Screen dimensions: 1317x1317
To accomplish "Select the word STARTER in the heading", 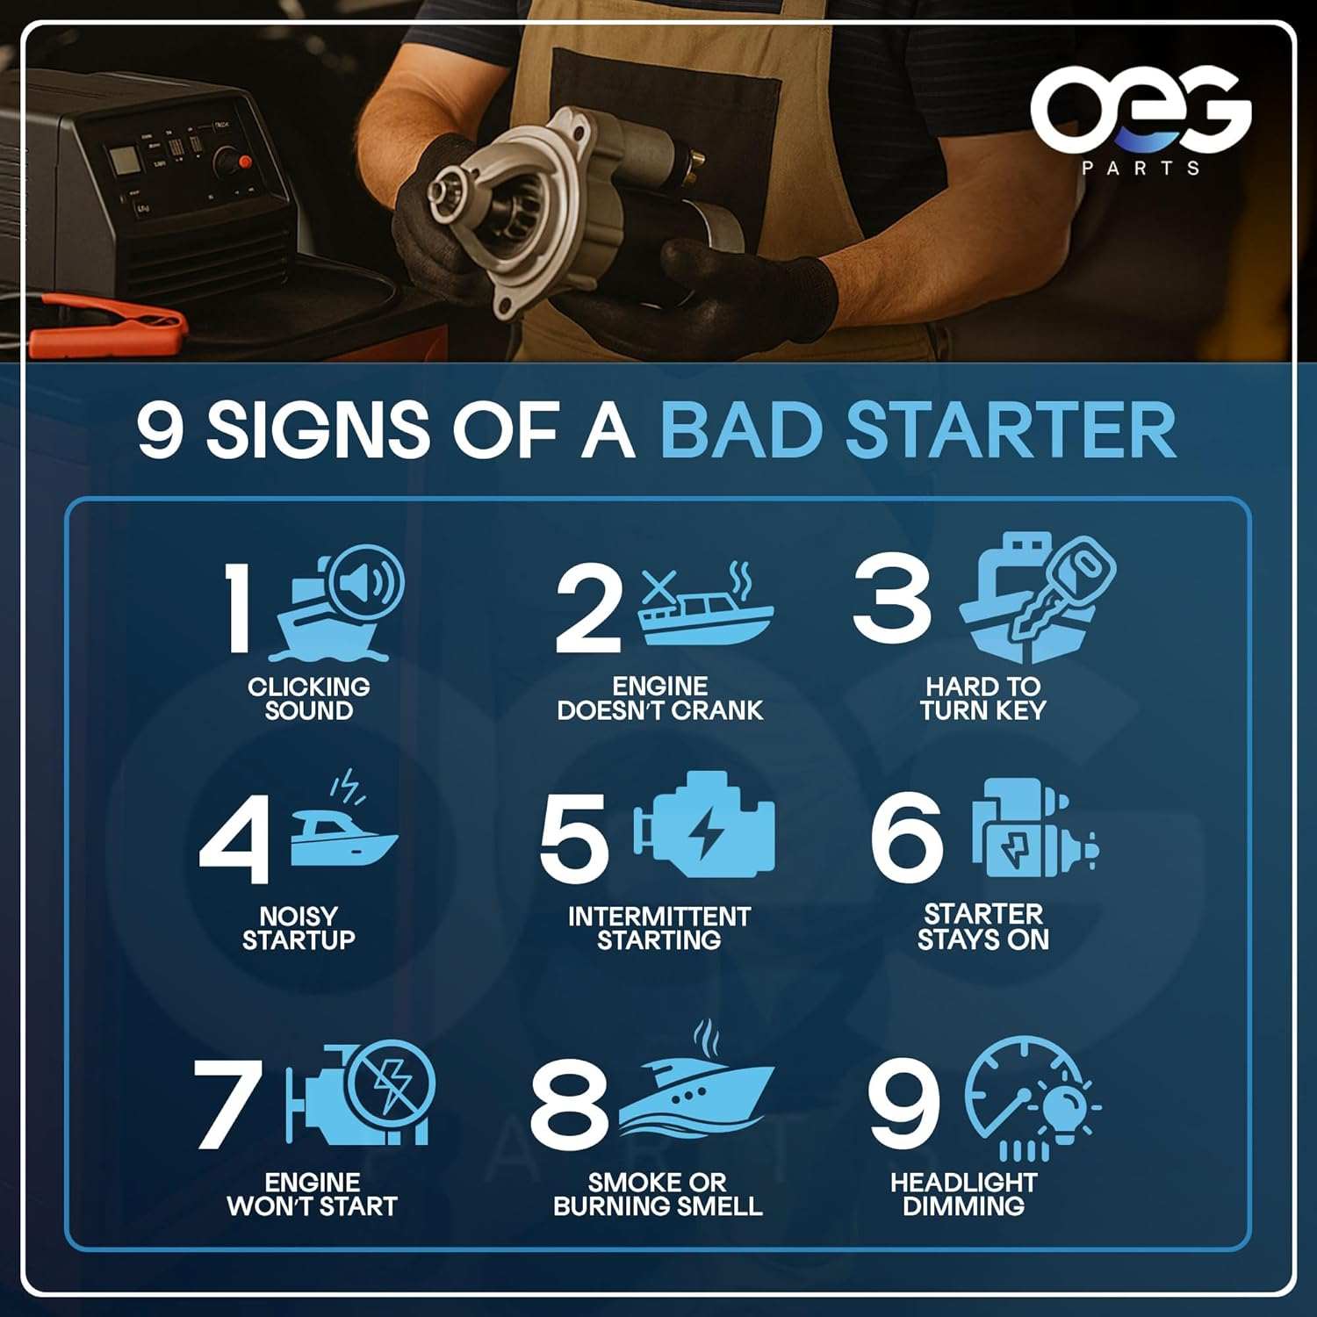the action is [1011, 430].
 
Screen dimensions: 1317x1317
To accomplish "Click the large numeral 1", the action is [237, 608].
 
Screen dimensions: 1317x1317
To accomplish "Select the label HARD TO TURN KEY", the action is [983, 699].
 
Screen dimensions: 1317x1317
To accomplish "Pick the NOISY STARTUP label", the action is [299, 928].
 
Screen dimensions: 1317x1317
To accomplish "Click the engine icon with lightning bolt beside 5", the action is [705, 826].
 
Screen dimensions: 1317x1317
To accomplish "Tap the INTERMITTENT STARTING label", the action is [659, 928].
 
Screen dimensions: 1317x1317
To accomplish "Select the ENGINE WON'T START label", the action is [313, 1194].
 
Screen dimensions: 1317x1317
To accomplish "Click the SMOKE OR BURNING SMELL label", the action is [658, 1194].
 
